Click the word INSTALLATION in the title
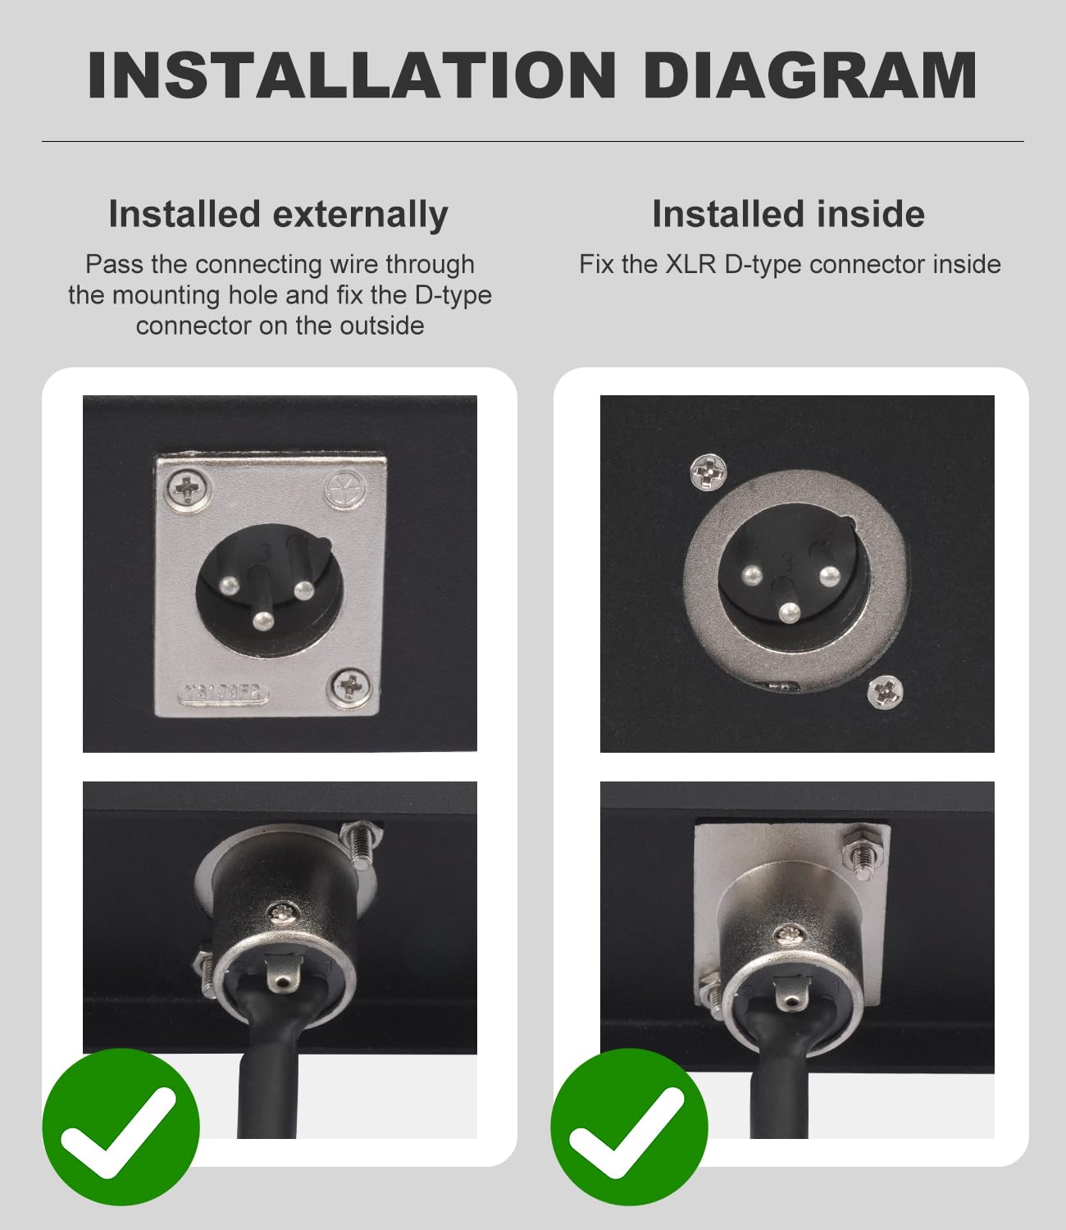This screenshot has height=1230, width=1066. coord(352,75)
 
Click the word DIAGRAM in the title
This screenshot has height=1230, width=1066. coord(811,75)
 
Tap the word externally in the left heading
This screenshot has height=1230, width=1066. coord(360,214)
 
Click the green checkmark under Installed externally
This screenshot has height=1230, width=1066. coord(121,1127)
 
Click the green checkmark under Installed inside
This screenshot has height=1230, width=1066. coord(629,1127)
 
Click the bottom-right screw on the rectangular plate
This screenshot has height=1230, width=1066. coord(351,688)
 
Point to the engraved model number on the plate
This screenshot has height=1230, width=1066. coord(224,693)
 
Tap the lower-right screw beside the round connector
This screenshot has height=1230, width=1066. coord(886,693)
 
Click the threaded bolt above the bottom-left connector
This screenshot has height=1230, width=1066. coord(359,844)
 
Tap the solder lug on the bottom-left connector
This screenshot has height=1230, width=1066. coord(284,974)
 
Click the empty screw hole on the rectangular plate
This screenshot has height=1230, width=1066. coord(345,490)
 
